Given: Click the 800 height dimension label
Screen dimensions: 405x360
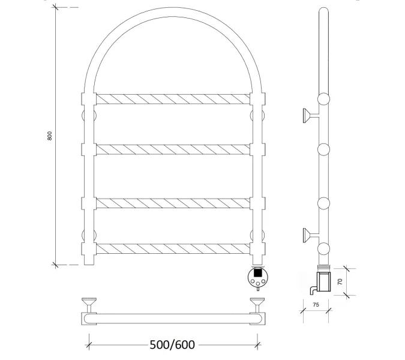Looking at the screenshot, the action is click(49, 136).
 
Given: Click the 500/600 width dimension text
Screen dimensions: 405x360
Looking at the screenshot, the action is click(172, 345).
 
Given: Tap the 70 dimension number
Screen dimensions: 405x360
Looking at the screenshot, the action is click(340, 281).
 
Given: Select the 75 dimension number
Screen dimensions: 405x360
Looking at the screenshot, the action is click(316, 305).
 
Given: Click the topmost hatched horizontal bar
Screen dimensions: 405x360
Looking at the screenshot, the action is click(173, 99).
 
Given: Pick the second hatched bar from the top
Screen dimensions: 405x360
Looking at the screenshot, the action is click(173, 149).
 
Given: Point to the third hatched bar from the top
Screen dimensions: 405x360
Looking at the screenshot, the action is click(173, 203).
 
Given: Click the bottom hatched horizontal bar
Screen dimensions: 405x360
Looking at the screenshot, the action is click(173, 248).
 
